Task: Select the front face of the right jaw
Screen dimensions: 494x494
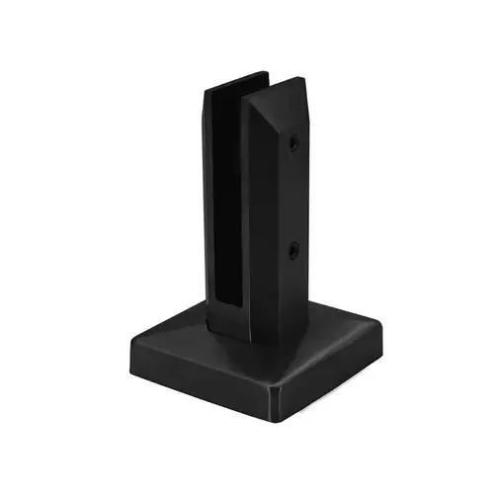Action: click(263, 227)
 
